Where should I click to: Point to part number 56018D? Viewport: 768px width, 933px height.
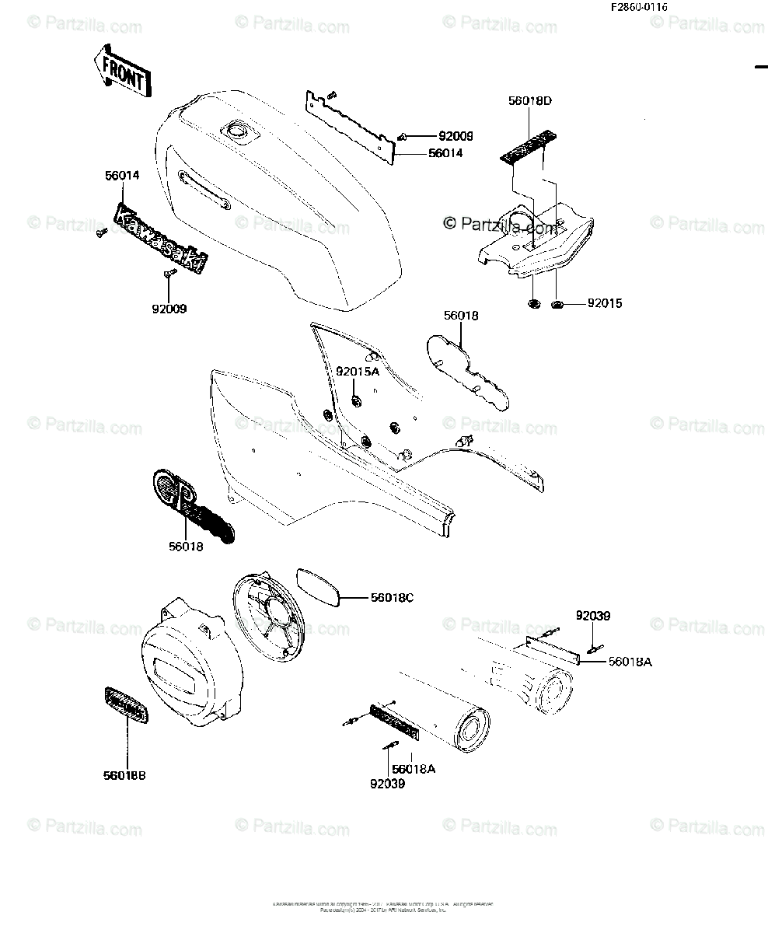tap(531, 101)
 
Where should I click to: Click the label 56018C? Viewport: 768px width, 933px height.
tap(392, 598)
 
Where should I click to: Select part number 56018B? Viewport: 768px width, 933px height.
tap(124, 775)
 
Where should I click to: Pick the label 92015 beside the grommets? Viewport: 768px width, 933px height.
tap(605, 303)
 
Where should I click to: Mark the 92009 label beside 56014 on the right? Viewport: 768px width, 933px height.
tap(435, 136)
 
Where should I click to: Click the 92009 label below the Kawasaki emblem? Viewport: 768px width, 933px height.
tap(169, 309)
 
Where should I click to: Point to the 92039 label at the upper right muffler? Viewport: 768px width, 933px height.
tap(593, 616)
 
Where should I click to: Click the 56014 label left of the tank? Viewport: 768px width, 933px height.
tap(122, 176)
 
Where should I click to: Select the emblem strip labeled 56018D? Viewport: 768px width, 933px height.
tap(530, 145)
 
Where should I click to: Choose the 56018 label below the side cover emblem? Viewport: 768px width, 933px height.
tap(186, 547)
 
